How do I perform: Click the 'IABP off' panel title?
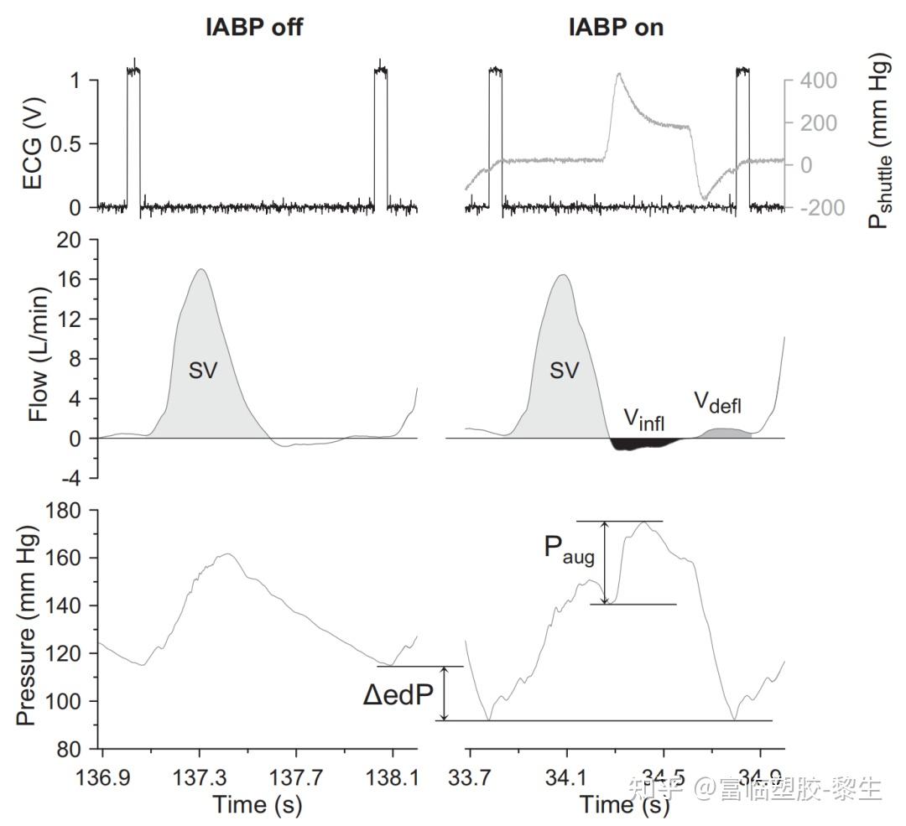[254, 27]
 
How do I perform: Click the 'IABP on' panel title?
[616, 27]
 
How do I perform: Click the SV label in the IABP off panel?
[202, 371]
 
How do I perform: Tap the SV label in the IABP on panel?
[565, 371]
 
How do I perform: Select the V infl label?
[643, 418]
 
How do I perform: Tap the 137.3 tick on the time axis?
[199, 777]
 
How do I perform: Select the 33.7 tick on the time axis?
[469, 777]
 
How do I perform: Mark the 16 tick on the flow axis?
[77, 279]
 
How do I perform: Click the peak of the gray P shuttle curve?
[618, 74]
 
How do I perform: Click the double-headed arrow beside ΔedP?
[445, 694]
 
